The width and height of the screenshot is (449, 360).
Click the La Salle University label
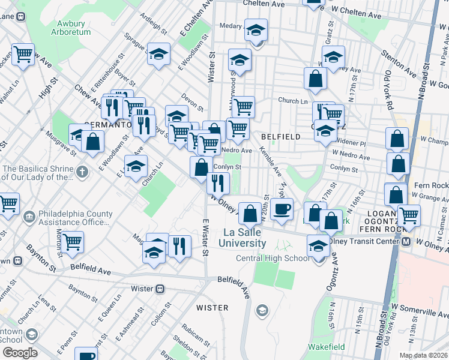[245, 238]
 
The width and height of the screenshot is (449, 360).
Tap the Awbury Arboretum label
[74, 28]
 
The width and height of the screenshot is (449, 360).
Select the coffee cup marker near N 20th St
[282, 209]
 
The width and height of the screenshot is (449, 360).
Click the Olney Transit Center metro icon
[406, 242]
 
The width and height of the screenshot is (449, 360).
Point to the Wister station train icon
[160, 289]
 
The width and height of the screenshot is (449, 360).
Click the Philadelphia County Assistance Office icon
[29, 215]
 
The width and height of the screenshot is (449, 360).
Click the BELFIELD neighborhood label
[280, 137]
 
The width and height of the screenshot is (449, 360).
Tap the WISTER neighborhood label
[212, 308]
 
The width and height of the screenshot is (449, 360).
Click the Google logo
[19, 353]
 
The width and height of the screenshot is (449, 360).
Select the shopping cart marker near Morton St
[72, 242]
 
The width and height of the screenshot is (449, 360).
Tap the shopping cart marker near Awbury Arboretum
[23, 54]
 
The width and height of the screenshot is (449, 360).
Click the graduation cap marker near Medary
[256, 31]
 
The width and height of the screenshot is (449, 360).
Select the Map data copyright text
[423, 355]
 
